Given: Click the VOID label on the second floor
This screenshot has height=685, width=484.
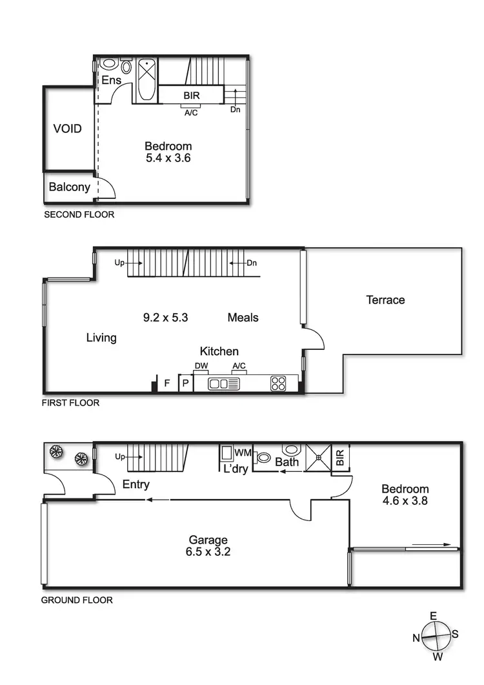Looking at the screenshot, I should [67, 128].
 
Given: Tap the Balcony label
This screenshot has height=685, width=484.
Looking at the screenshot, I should [69, 187].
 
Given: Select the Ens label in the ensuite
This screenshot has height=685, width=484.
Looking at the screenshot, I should [111, 80].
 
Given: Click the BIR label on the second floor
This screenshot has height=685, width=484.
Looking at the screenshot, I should [192, 96].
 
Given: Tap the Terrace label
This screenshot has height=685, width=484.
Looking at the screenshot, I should [385, 300].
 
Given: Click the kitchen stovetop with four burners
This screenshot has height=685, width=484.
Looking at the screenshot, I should [278, 383].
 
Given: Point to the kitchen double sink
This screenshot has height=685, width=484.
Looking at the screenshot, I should [225, 384].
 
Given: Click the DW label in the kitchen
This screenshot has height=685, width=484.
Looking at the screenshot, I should [201, 367].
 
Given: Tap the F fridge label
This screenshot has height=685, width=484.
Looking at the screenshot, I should [166, 383].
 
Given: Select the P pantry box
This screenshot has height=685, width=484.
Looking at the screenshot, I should [185, 383].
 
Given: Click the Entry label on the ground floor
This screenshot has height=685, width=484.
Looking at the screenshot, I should [136, 484].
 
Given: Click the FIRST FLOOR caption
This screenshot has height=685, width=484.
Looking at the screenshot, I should [70, 403].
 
